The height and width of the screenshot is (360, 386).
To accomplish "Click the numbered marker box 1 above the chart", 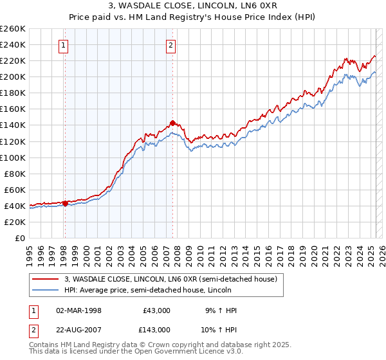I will click(x=64, y=45).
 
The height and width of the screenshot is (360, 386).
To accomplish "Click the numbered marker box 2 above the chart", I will click(x=171, y=45).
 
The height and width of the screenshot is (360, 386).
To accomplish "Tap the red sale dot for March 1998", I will click(x=65, y=203).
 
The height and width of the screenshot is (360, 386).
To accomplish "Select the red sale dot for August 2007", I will click(x=172, y=123).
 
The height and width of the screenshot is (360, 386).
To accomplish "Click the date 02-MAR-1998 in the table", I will click(x=78, y=310).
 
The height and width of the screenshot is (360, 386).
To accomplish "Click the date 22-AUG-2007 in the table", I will click(x=78, y=329).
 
